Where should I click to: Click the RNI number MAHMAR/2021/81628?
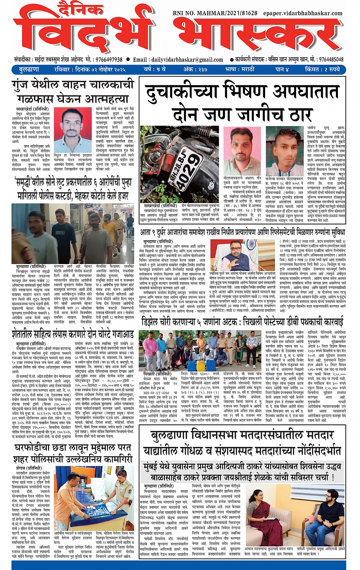[x=215, y=13]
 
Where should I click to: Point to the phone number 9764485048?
[x=331, y=59]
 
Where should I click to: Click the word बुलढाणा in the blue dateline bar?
[x=29, y=70]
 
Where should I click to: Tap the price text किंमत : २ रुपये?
[x=322, y=70]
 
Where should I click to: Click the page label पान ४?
[x=282, y=70]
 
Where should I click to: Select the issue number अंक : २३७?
[x=195, y=70]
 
